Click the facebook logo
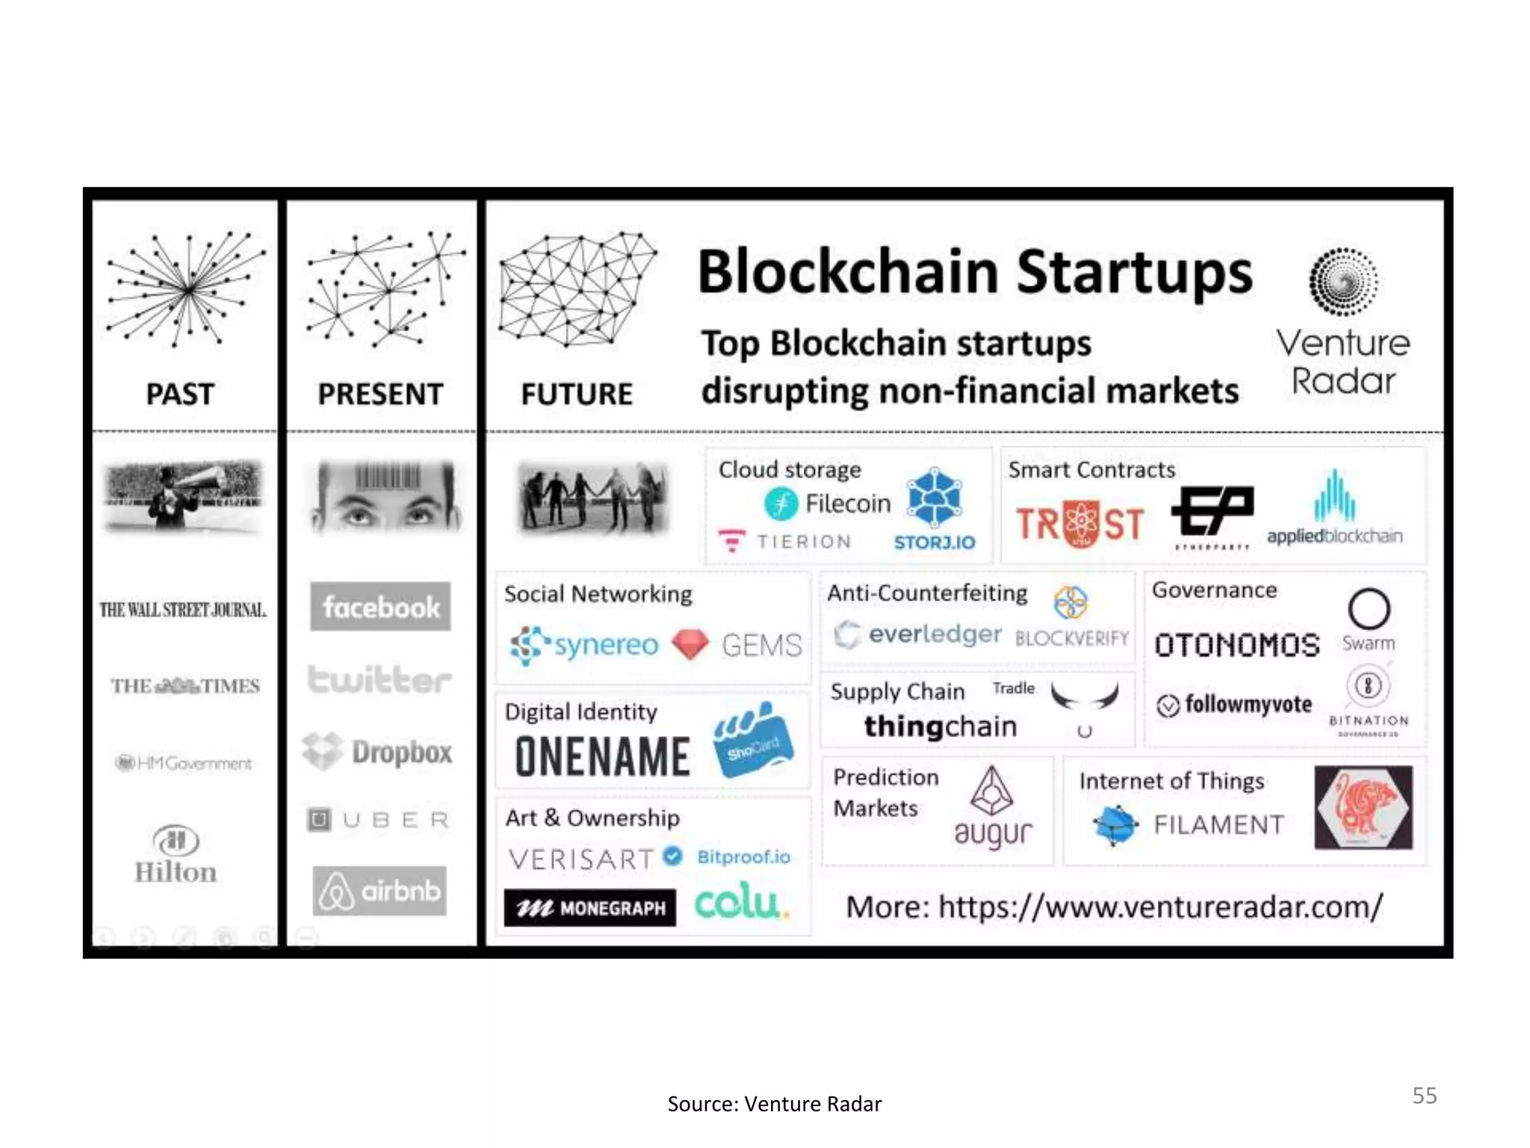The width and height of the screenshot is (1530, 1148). [380, 607]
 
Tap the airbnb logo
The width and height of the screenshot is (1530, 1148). [380, 891]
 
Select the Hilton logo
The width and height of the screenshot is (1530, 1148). [176, 855]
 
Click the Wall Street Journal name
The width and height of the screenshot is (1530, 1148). [183, 610]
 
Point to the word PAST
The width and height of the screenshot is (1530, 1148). [180, 394]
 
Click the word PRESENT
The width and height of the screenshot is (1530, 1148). [380, 394]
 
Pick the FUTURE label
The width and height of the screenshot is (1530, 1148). [577, 394]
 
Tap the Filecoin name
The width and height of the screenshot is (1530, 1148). [847, 504]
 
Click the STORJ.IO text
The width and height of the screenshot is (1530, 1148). [935, 542]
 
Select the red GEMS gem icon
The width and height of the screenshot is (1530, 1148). [690, 644]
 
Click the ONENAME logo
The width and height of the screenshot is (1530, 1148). [602, 756]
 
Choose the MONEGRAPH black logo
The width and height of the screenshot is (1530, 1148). [589, 907]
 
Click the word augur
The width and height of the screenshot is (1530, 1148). [993, 833]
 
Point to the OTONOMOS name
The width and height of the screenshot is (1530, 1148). [1237, 645]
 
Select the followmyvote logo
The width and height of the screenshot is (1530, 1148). [1234, 704]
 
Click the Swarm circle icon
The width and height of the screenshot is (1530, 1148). [1369, 609]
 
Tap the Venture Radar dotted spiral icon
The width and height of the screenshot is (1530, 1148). [1343, 282]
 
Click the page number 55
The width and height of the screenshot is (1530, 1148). [1424, 1095]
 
